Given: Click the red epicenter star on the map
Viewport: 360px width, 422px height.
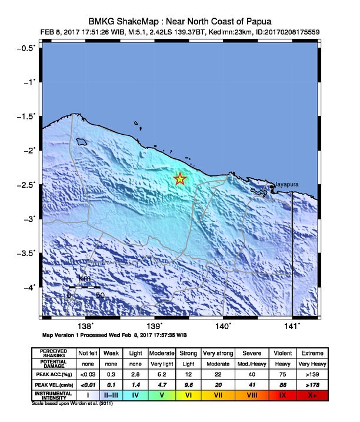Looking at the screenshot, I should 180,179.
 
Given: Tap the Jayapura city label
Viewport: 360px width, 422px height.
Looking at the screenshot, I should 286,184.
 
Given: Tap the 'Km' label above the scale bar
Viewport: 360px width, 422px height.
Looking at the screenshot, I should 84,278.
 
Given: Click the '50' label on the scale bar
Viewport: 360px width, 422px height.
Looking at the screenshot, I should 100,295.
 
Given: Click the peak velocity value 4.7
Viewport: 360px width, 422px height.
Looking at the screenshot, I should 162,385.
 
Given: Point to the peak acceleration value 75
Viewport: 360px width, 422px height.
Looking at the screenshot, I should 282,373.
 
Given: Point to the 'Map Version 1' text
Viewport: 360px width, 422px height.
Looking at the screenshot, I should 61,335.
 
